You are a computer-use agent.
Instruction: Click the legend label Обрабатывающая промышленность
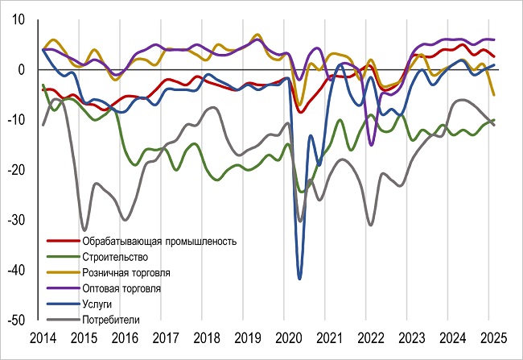159,241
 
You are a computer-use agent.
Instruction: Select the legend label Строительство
115,256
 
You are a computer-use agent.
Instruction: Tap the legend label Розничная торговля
126,272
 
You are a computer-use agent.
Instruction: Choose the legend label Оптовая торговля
121,288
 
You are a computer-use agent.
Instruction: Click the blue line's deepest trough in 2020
300,279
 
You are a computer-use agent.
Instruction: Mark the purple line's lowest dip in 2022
371,145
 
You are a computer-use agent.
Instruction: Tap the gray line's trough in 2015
84,230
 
